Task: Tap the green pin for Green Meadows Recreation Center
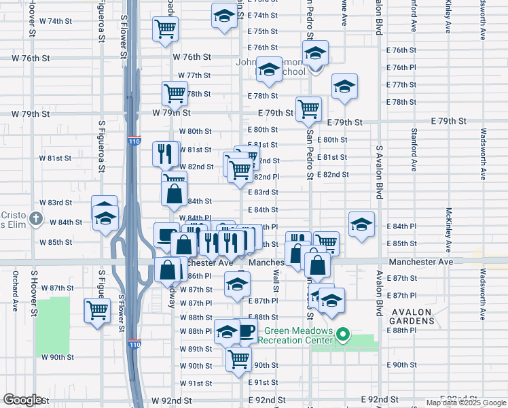click(x=344, y=335)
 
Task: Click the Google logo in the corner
click(x=23, y=400)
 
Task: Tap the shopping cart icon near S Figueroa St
click(x=97, y=310)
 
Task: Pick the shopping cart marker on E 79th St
click(x=308, y=108)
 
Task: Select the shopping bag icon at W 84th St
click(x=175, y=192)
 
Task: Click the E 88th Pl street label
click(x=401, y=330)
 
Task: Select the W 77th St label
click(x=195, y=75)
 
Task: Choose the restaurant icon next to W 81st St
click(x=164, y=154)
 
